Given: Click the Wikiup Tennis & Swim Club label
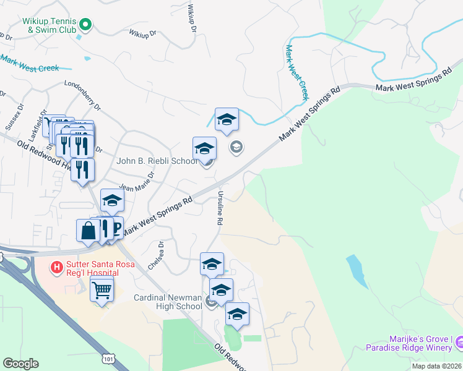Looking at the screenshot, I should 49,25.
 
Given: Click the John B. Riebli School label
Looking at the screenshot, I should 157,161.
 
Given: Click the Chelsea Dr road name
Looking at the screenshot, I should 156,255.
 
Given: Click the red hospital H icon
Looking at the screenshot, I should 56,267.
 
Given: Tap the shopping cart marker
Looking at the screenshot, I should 102,288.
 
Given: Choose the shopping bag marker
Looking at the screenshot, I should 88,231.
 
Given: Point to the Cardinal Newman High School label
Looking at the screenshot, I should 168,302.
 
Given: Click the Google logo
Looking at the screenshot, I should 20,364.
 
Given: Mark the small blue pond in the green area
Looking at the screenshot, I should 357,270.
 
